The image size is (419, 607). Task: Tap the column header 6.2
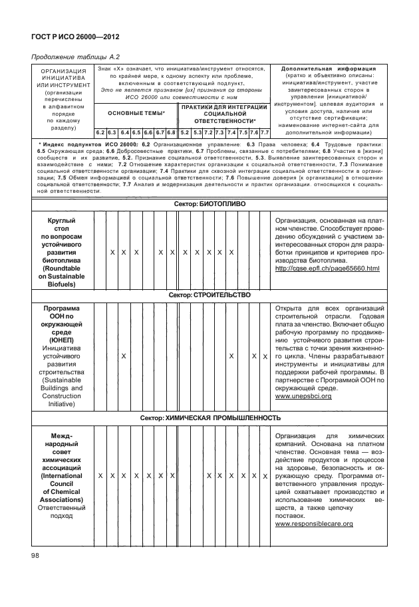click(100, 133)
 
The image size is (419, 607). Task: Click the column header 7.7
click(264, 133)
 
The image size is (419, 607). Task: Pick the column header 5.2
click(185, 133)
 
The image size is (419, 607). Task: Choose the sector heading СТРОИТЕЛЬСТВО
click(209, 295)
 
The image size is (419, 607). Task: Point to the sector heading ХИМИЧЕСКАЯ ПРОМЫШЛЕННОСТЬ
click(209, 418)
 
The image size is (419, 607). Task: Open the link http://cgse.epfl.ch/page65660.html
click(327, 269)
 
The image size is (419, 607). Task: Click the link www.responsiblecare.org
click(313, 524)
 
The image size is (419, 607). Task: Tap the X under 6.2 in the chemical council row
click(100, 476)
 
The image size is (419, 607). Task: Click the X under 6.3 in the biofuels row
click(112, 253)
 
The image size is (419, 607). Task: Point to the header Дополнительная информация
click(329, 68)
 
